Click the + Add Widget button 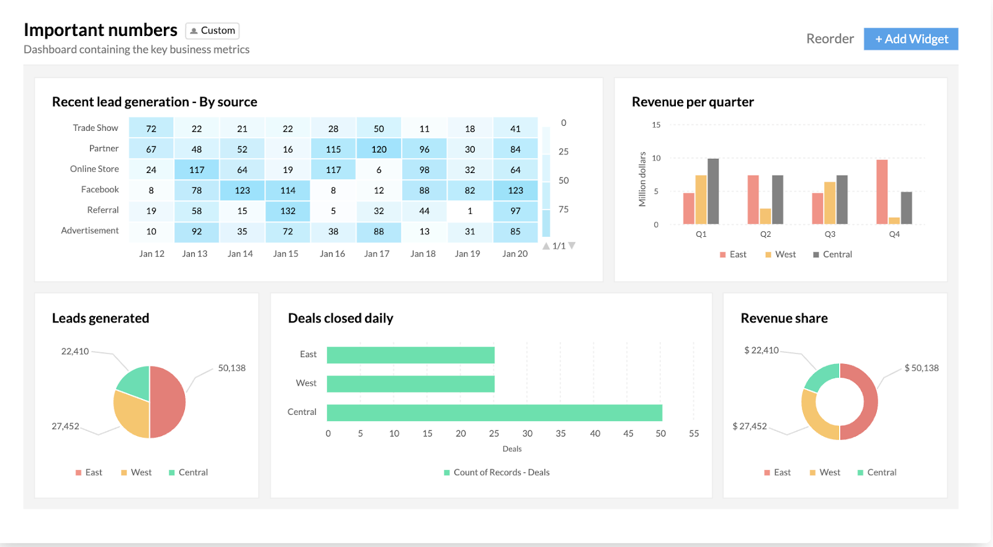910,39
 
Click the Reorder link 830,39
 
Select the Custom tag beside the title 212,30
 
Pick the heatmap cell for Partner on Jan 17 379,149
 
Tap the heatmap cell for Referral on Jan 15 287,211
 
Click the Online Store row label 94,169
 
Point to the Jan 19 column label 467,254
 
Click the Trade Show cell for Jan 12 151,128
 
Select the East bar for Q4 882,192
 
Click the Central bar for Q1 713,191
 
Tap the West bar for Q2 765,216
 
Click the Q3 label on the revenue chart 830,234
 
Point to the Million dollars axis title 642,179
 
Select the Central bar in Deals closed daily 494,412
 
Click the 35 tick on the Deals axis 560,434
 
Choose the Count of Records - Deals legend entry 496,473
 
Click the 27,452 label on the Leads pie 65,426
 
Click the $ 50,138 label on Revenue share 921,368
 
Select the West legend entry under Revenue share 825,473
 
